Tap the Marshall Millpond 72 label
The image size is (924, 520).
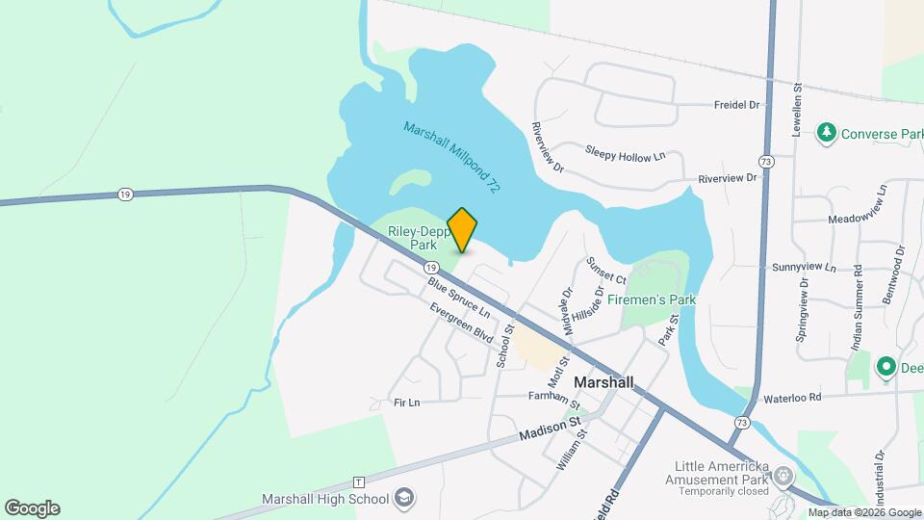(x=451, y=159)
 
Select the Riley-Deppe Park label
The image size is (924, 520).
(x=413, y=238)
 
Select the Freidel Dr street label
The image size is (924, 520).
(x=736, y=104)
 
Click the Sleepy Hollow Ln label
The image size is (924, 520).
(x=626, y=152)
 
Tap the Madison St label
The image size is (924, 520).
(x=550, y=429)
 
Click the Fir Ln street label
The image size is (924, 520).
(x=407, y=402)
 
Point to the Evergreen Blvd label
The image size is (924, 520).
(x=462, y=324)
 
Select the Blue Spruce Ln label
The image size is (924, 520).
(x=459, y=298)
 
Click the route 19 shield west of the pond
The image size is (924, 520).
(x=125, y=195)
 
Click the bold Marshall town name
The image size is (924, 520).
(x=603, y=382)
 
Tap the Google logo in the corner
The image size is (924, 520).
(x=32, y=508)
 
